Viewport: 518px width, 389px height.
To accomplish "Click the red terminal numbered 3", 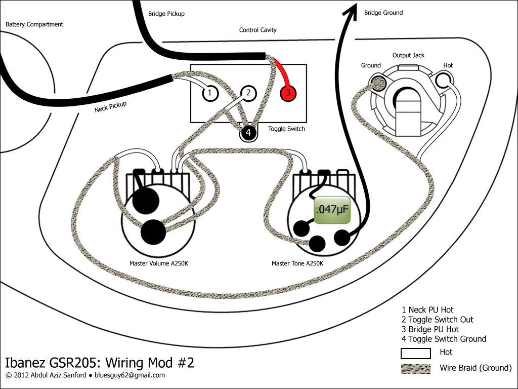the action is pyautogui.click(x=288, y=93).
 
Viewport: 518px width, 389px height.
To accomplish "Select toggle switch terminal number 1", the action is pyautogui.click(x=210, y=93).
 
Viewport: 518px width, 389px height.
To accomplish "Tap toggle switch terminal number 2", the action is pyautogui.click(x=248, y=93).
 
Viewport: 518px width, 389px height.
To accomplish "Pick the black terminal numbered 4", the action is pyautogui.click(x=248, y=133).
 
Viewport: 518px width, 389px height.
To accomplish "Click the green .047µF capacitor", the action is pyautogui.click(x=332, y=210).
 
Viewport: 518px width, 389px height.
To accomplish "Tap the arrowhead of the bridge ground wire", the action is pyautogui.click(x=351, y=11).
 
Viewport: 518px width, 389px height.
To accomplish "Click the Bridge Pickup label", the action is pyautogui.click(x=166, y=14).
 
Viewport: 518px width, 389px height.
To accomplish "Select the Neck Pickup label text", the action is pyautogui.click(x=110, y=107).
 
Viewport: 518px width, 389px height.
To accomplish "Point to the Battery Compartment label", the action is pyautogui.click(x=34, y=24).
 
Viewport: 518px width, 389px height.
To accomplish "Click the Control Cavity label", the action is pyautogui.click(x=257, y=30).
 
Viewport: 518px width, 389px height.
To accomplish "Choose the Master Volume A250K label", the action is pyautogui.click(x=158, y=263).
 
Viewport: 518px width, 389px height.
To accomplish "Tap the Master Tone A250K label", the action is pyautogui.click(x=297, y=263).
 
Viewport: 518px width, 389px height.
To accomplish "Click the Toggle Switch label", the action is pyautogui.click(x=286, y=129).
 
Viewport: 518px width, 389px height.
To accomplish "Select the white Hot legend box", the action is pyautogui.click(x=416, y=353).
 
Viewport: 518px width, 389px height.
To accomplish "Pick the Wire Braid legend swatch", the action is pyautogui.click(x=416, y=369).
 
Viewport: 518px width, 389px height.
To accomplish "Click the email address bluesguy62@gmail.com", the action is pyautogui.click(x=129, y=375).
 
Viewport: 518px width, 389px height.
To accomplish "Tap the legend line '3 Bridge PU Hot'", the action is pyautogui.click(x=430, y=329).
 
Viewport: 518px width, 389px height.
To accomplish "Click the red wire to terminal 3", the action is pyautogui.click(x=282, y=70).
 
